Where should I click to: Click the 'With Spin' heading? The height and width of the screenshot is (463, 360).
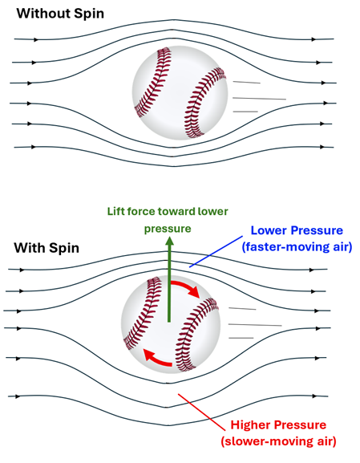pos(47,247)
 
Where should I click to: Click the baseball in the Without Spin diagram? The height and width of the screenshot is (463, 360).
pos(179,94)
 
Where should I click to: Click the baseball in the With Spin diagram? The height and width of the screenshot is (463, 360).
pos(172,325)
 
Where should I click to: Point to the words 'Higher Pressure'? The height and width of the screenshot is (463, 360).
pos(278,424)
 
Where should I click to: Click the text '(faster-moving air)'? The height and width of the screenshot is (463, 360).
pos(296,247)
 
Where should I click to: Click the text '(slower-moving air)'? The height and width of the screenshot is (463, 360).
pos(278,441)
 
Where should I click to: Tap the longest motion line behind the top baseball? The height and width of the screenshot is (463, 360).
pos(259,98)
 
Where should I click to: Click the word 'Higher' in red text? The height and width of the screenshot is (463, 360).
pos(250,424)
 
